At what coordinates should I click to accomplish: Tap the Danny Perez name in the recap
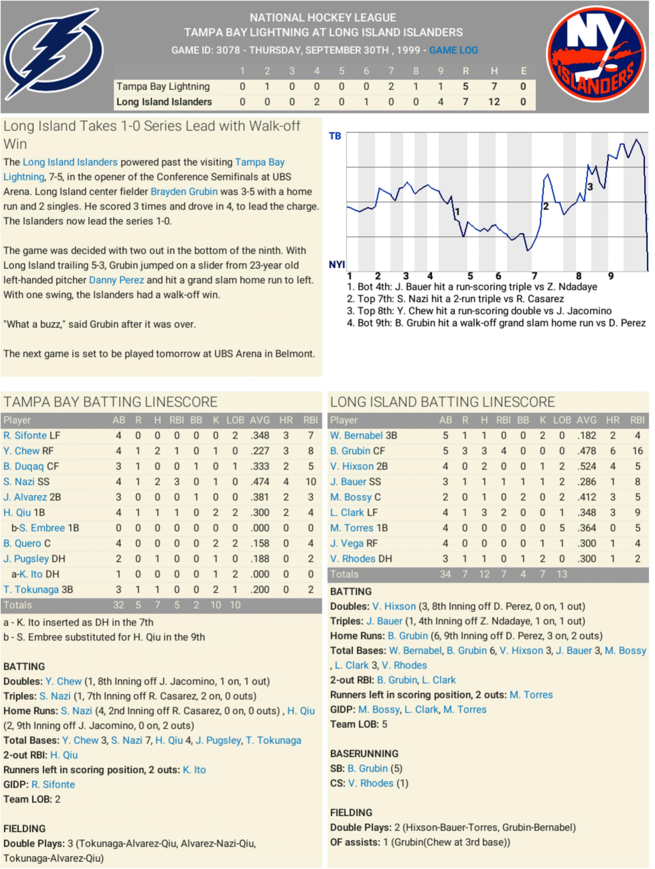(116, 280)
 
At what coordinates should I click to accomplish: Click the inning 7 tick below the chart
(534, 276)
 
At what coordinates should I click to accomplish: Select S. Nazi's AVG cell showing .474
(260, 482)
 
